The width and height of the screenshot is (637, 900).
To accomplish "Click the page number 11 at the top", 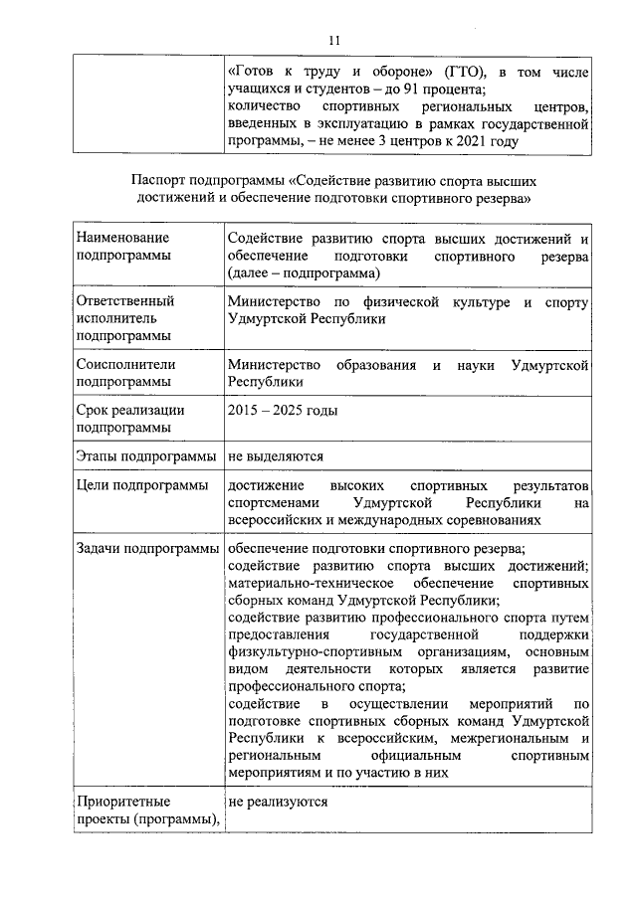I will click(333, 40).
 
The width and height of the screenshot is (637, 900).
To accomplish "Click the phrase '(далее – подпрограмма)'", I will click(304, 272).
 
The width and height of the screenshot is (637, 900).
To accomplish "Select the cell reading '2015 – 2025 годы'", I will click(282, 411).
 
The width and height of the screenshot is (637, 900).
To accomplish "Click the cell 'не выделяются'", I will click(276, 456).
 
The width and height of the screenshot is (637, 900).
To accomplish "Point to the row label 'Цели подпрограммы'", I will click(140, 485).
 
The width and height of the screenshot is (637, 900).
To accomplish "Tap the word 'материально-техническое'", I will click(304, 582).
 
